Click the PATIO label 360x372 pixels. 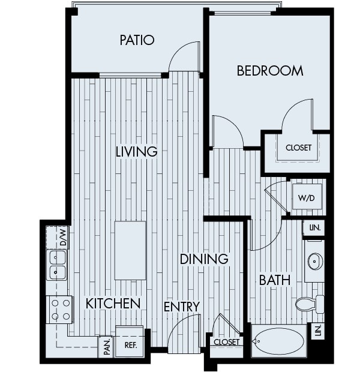(x=137, y=40)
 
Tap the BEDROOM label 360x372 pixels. (x=270, y=71)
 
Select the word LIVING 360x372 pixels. (x=136, y=151)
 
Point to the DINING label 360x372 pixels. (x=204, y=259)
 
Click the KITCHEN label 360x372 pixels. (x=113, y=303)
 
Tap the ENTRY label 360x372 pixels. (x=181, y=307)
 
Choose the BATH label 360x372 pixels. (x=275, y=280)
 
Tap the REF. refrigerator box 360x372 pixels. (x=130, y=344)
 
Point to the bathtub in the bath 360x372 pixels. (x=278, y=341)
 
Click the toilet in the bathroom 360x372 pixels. (x=309, y=304)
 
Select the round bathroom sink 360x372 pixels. (x=315, y=261)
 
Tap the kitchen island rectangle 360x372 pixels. (x=130, y=250)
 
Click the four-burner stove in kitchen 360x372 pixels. (x=59, y=309)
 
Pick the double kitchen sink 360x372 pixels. (x=57, y=265)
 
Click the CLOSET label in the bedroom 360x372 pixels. (x=298, y=148)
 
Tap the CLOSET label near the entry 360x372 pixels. (x=226, y=342)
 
